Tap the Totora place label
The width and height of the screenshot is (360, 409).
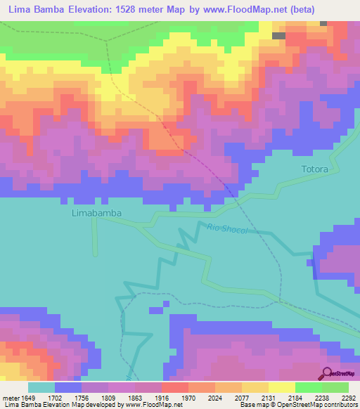(315, 169)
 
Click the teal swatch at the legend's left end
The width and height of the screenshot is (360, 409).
(41, 387)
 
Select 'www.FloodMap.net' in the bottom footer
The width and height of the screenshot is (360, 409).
(151, 405)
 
